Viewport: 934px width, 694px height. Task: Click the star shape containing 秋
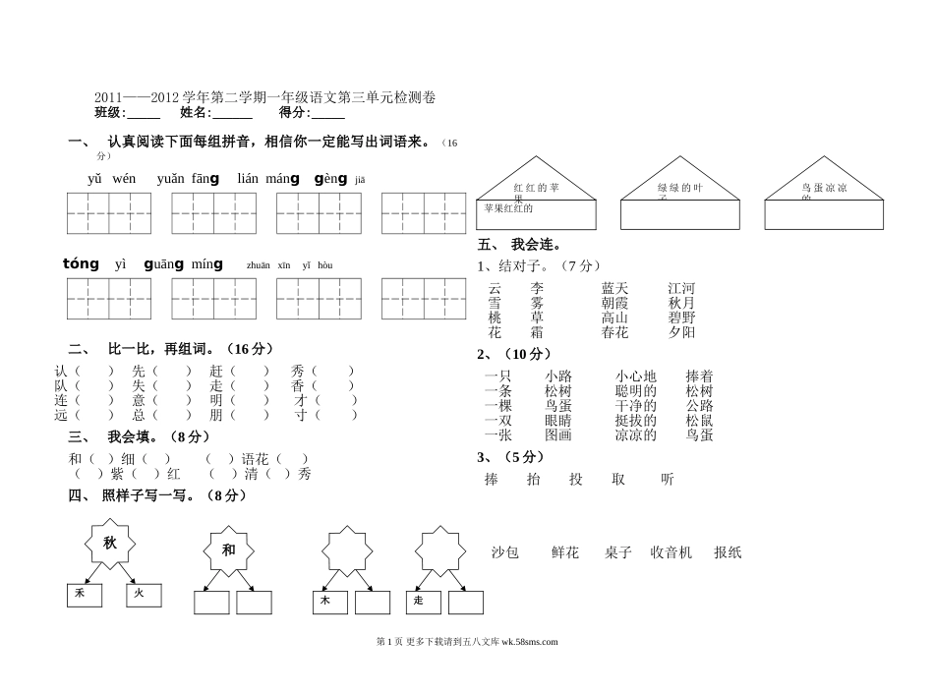click(109, 543)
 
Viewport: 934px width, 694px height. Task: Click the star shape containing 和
click(228, 550)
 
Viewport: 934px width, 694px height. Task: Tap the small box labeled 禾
click(84, 595)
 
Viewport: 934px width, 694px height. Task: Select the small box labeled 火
click(144, 595)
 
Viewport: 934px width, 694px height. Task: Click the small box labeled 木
click(330, 602)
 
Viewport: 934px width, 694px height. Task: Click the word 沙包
click(505, 552)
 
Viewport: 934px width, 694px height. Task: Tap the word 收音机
click(671, 552)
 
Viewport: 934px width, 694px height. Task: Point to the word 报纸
click(728, 552)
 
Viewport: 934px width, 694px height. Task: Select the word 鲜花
click(565, 552)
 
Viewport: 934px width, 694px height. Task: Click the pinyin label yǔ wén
click(112, 179)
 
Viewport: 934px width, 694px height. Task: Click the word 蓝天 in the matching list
click(615, 288)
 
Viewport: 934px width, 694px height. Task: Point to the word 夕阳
click(681, 332)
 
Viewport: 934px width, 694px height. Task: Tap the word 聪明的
click(635, 390)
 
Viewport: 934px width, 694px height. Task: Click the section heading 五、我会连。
click(519, 245)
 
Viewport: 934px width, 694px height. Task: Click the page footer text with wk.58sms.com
click(467, 642)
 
